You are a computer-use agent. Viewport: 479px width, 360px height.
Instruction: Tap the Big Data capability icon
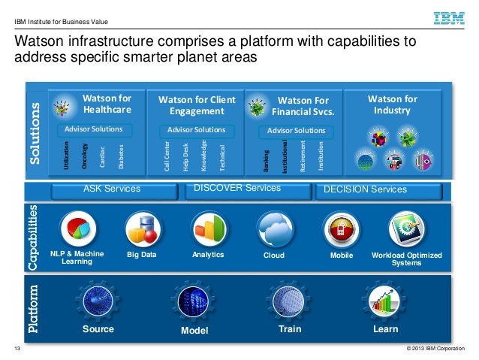pos(143,229)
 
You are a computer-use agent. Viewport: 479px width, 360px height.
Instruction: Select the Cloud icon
pos(274,228)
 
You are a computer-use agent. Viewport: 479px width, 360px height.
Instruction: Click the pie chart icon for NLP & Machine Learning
pos(77,228)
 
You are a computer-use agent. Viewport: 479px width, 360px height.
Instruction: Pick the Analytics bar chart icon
pos(208,228)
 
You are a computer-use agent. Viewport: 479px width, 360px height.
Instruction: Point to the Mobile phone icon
pos(340,228)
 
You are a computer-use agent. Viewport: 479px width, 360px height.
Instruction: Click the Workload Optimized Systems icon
pos(406,228)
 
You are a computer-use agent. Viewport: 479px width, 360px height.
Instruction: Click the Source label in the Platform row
pos(98,329)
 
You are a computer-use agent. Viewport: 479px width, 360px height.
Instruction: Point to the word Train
pos(290,329)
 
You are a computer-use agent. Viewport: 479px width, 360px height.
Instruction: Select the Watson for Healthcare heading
pos(107,104)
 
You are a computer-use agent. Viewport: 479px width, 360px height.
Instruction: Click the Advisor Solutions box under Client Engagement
pos(196,130)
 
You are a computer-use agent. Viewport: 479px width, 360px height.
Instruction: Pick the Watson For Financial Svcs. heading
pos(303,106)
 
